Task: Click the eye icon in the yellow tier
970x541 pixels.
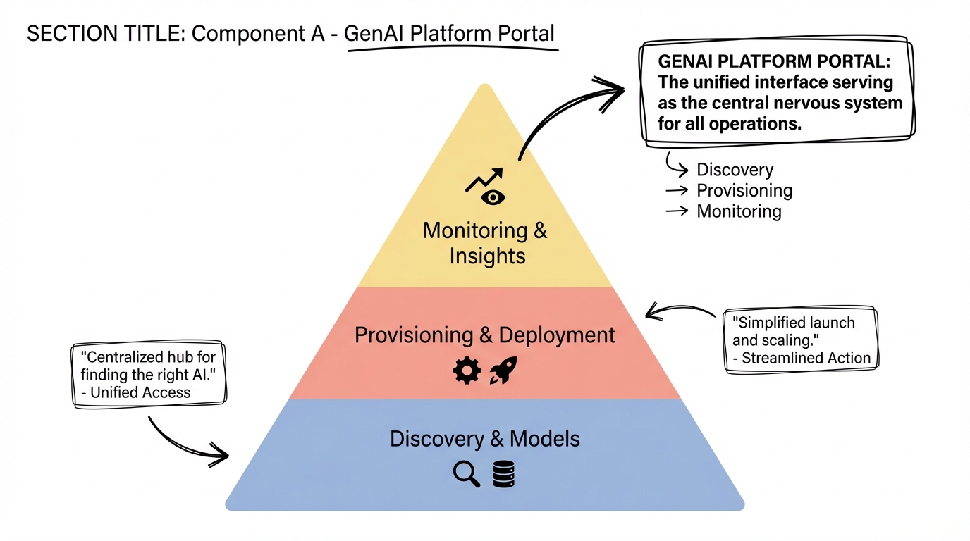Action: [493, 197]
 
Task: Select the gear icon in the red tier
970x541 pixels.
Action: [467, 370]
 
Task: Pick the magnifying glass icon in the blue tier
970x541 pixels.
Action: [466, 473]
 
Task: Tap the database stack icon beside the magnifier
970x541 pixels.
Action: [503, 473]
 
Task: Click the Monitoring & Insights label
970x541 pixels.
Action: [485, 243]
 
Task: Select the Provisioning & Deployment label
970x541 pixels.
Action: [485, 335]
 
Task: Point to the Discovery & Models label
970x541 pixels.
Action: [485, 439]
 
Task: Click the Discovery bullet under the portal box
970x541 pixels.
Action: [735, 170]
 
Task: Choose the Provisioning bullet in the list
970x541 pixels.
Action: [744, 191]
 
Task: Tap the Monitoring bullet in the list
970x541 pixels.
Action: [739, 211]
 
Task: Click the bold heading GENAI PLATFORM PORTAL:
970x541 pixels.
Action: [773, 61]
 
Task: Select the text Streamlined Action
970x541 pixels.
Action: [806, 358]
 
